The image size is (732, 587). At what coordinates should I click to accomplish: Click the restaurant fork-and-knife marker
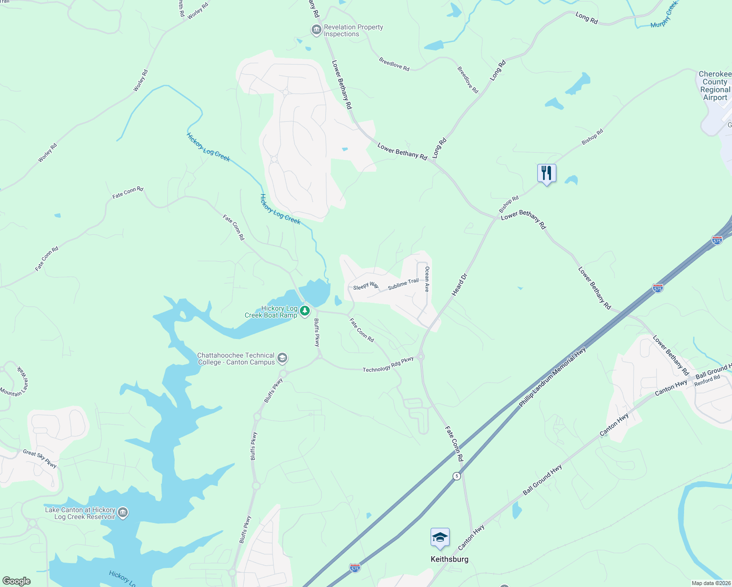tap(547, 173)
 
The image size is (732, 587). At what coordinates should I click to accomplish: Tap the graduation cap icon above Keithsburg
tap(440, 538)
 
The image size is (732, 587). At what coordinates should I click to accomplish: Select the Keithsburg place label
tap(449, 559)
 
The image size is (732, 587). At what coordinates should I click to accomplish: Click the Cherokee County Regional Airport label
tap(715, 86)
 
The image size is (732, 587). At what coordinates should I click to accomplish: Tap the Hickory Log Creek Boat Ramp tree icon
tap(305, 311)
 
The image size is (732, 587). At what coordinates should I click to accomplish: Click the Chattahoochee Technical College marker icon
tap(282, 359)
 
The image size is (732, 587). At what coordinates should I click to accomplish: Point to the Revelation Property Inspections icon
tap(316, 30)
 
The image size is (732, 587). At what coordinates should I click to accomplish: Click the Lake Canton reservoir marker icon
tap(123, 513)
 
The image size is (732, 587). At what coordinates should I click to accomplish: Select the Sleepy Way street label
tap(366, 286)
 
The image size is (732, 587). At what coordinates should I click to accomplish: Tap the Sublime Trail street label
tap(403, 284)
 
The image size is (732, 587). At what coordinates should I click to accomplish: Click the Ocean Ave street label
tap(427, 279)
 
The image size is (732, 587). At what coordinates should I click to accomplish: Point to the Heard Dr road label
tap(459, 285)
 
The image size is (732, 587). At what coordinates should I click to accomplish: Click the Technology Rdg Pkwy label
tap(388, 365)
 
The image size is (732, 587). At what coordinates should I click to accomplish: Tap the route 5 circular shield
tap(457, 476)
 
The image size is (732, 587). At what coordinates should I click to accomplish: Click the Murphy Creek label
tap(664, 15)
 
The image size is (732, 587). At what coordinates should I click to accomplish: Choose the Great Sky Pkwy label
tap(40, 458)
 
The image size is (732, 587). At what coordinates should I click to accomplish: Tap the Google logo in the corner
tap(16, 581)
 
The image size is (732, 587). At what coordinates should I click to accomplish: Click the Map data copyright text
tap(710, 583)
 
